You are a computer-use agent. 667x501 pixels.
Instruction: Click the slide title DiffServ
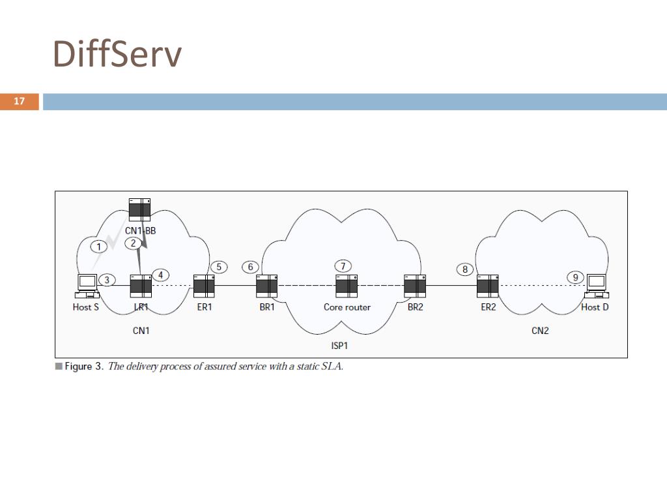pos(117,55)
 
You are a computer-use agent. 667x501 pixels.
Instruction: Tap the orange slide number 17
pos(20,101)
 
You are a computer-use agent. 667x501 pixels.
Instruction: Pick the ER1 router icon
pos(205,286)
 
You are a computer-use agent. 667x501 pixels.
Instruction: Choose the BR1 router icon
pos(267,286)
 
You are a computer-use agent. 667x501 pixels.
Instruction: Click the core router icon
pos(347,286)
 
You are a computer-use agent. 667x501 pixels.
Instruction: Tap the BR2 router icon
pos(415,286)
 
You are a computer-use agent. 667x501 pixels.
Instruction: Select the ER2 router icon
pos(488,286)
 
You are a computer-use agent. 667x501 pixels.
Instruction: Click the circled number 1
pos(98,247)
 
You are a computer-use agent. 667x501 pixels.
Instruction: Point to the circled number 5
pos(219,267)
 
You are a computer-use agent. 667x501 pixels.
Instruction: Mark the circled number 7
pos(343,266)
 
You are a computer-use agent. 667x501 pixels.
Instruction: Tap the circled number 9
pos(575,277)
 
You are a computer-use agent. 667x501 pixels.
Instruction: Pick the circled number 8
pos(464,269)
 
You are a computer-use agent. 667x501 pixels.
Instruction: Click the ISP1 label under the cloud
pos(340,346)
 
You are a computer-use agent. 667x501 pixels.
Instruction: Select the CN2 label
pos(540,331)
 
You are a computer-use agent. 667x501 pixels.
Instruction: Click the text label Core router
pos(347,307)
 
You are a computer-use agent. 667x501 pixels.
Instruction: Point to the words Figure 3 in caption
pos(83,367)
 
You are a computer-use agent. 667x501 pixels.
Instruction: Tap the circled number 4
pos(160,275)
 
